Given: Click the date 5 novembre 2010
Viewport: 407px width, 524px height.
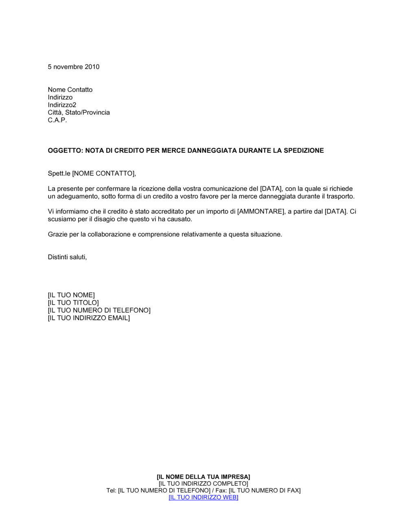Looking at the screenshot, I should [73, 67].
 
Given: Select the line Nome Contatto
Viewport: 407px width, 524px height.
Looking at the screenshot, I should [70, 90].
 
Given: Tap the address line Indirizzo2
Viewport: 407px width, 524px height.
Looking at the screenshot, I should [62, 105].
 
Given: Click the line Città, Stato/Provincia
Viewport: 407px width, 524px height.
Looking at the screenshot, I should [79, 113].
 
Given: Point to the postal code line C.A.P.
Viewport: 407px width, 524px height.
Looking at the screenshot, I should [57, 120].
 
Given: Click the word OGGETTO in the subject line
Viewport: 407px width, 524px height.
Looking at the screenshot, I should [65, 151].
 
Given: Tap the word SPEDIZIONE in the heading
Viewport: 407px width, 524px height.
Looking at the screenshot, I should [304, 151].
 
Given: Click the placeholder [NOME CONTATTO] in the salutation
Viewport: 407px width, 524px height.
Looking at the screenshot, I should [103, 173].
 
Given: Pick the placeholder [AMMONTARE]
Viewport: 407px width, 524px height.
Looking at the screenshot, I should [260, 212].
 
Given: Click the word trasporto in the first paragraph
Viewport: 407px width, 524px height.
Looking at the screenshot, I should [341, 197].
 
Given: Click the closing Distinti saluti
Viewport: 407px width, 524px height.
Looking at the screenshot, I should [67, 257].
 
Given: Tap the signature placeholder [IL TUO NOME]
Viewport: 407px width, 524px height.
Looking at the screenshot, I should [71, 295].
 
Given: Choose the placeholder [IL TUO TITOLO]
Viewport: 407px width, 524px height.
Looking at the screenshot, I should [73, 303].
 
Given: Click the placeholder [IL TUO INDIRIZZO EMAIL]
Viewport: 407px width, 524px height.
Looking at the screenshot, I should [89, 318].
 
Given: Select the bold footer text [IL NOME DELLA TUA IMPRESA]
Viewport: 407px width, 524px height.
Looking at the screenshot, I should [203, 477].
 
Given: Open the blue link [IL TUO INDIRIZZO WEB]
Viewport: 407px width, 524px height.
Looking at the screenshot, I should [203, 498].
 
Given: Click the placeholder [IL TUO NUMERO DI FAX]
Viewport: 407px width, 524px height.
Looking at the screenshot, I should [265, 491].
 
